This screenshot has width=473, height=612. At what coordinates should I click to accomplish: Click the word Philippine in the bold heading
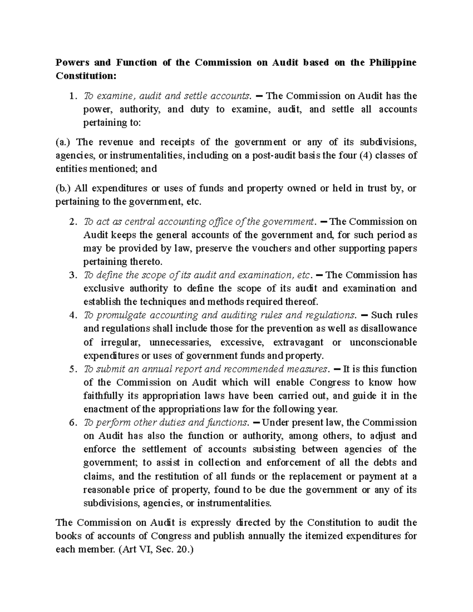[393, 63]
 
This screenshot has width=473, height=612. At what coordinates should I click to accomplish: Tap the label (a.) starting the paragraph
[63, 142]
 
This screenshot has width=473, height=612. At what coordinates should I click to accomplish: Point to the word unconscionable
[383, 342]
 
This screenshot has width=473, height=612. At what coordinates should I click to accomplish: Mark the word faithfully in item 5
[104, 396]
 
